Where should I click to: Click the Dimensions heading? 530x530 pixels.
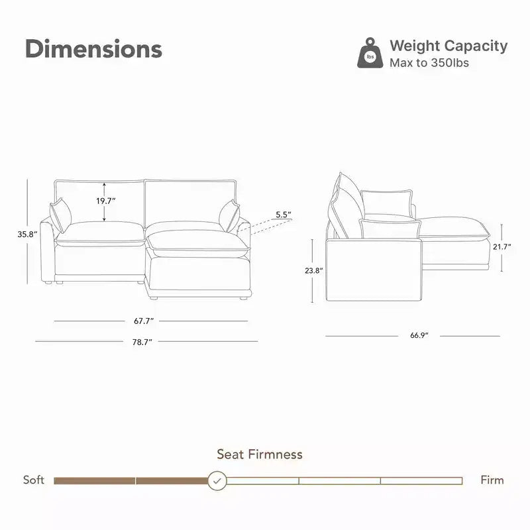click(x=93, y=48)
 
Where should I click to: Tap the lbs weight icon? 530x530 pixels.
click(x=370, y=53)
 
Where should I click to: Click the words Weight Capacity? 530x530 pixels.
click(x=449, y=46)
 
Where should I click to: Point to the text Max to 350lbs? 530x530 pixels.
click(x=429, y=63)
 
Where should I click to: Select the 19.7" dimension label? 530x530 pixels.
click(x=106, y=201)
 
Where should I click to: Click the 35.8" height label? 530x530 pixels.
click(x=27, y=234)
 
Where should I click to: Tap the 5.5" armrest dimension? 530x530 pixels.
click(x=284, y=214)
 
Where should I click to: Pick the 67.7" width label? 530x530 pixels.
click(x=144, y=321)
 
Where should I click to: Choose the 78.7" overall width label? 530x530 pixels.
click(x=142, y=342)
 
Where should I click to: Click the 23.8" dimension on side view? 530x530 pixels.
click(x=313, y=270)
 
